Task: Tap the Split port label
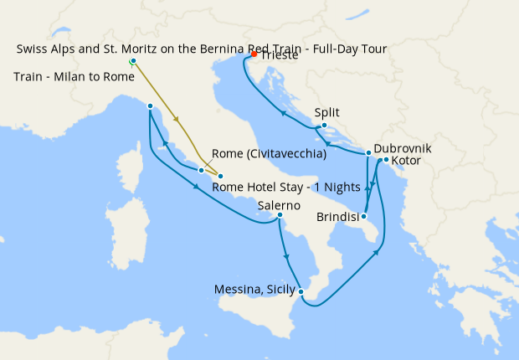click(x=328, y=111)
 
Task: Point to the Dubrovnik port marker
click(x=368, y=153)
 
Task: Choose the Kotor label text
click(x=406, y=160)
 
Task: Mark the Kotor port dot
click(x=386, y=160)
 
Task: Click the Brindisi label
click(x=339, y=218)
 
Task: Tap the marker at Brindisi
click(x=364, y=216)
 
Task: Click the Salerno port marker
click(x=280, y=216)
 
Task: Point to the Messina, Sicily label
click(x=255, y=290)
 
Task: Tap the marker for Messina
click(x=301, y=293)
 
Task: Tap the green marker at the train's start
click(x=132, y=62)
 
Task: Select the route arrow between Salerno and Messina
click(x=286, y=256)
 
